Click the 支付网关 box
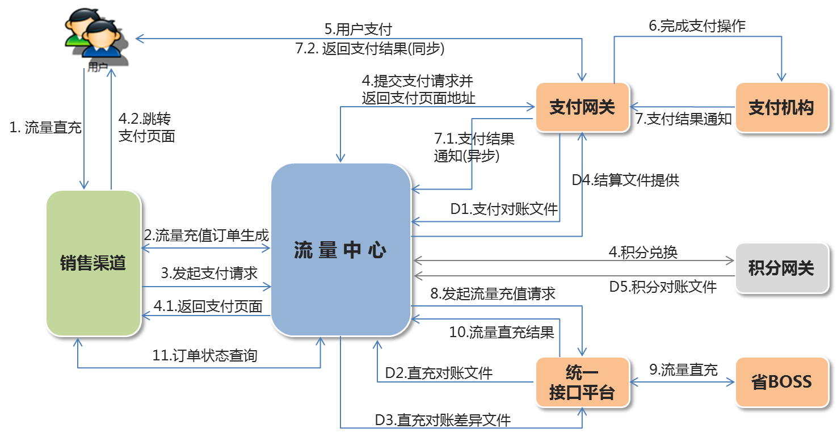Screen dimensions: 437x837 [x=582, y=108]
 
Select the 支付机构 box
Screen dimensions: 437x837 [x=781, y=108]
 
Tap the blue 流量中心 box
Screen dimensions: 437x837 [x=340, y=250]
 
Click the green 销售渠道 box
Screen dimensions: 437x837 [x=93, y=263]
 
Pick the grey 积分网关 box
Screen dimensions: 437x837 [x=781, y=268]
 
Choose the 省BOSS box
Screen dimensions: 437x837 [x=781, y=382]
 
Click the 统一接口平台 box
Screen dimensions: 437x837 [x=582, y=383]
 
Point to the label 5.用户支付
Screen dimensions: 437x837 [x=358, y=29]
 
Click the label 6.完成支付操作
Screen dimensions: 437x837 [x=697, y=26]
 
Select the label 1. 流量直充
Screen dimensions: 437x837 [x=45, y=128]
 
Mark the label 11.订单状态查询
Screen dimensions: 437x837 [x=205, y=356]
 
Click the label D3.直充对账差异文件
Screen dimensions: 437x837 [x=443, y=420]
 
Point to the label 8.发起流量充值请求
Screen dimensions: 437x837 [x=493, y=293]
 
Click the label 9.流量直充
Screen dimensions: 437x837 [x=683, y=370]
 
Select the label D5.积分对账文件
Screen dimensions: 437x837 [x=663, y=287]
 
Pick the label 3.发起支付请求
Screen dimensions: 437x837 [x=209, y=274]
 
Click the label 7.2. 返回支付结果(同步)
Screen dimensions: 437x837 [x=370, y=49]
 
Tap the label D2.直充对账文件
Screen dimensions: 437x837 [x=439, y=373]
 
